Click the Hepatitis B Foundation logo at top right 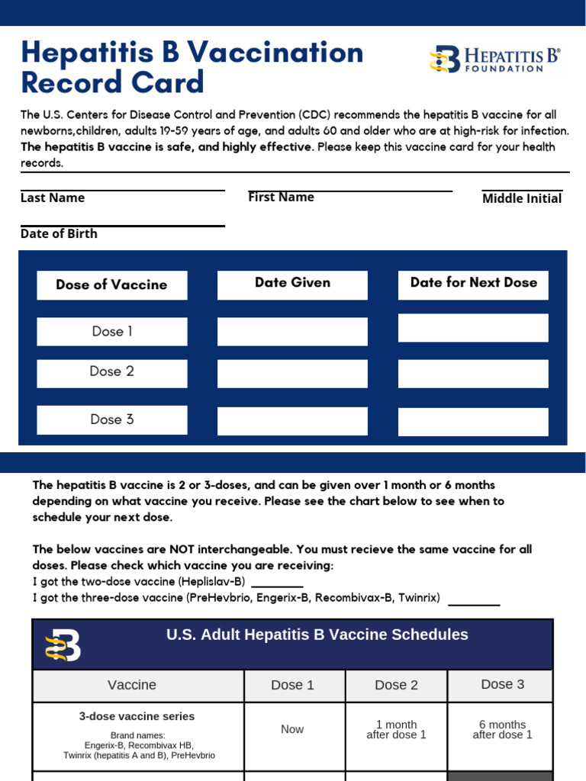pyautogui.click(x=494, y=59)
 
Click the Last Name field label pyautogui.click(x=53, y=198)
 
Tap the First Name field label pyautogui.click(x=281, y=197)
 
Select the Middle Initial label pyautogui.click(x=522, y=198)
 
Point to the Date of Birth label pyautogui.click(x=59, y=233)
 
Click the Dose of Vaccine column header pyautogui.click(x=111, y=284)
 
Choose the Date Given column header pyautogui.click(x=292, y=283)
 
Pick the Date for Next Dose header pyautogui.click(x=473, y=282)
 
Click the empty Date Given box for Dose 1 pyautogui.click(x=292, y=332)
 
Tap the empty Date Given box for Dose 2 pyautogui.click(x=292, y=374)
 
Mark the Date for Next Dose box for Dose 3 pyautogui.click(x=473, y=422)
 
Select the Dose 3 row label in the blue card pyautogui.click(x=111, y=419)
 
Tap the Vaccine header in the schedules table pyautogui.click(x=132, y=685)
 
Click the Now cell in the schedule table pyautogui.click(x=292, y=729)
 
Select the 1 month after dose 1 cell pyautogui.click(x=396, y=730)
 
